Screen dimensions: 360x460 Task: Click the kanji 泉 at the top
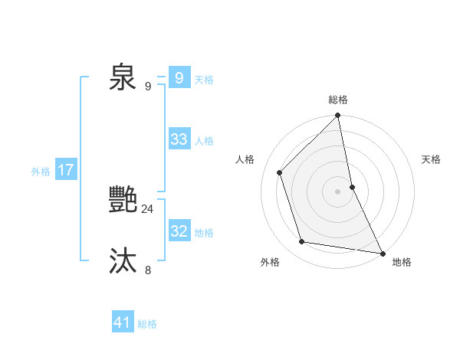pyautogui.click(x=123, y=77)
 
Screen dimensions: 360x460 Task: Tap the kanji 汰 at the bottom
pyautogui.click(x=123, y=261)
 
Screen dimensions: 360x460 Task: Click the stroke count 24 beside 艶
pyautogui.click(x=147, y=208)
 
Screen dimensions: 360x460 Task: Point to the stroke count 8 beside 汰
pyautogui.click(x=148, y=270)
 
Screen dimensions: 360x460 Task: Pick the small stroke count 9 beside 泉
pyautogui.click(x=148, y=86)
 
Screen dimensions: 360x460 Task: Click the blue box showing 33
pyautogui.click(x=179, y=139)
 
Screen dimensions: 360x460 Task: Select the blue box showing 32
pyautogui.click(x=179, y=231)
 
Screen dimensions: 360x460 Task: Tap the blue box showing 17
pyautogui.click(x=65, y=170)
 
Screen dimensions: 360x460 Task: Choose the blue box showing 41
pyautogui.click(x=122, y=322)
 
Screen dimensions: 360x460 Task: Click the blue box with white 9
pyautogui.click(x=179, y=78)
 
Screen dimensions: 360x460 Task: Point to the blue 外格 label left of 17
pyautogui.click(x=41, y=172)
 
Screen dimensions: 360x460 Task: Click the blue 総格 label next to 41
pyautogui.click(x=147, y=324)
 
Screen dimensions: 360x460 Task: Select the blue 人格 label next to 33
pyautogui.click(x=204, y=141)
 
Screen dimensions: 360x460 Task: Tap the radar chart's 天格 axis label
pyautogui.click(x=432, y=159)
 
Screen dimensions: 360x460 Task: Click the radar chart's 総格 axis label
pyautogui.click(x=338, y=100)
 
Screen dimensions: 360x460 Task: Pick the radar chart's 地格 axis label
pyautogui.click(x=402, y=262)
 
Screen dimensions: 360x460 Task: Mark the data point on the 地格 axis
pyautogui.click(x=382, y=253)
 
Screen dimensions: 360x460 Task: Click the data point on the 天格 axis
pyautogui.click(x=353, y=186)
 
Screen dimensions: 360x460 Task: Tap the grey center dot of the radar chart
pyautogui.click(x=337, y=191)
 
